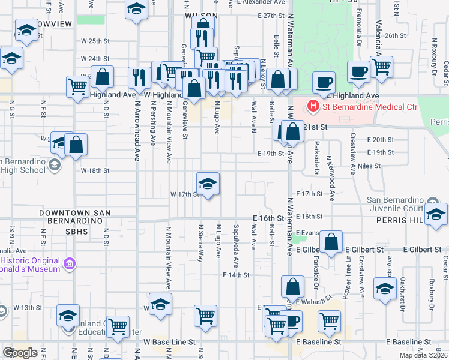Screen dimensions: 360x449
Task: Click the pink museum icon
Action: tap(70, 263)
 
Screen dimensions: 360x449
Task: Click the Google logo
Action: tap(20, 353)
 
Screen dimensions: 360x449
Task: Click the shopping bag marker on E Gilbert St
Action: tap(331, 242)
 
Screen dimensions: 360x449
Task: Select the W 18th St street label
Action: tap(95, 170)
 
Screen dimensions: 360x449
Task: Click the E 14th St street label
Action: tap(235, 275)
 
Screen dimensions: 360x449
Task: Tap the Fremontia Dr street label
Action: tap(359, 19)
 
